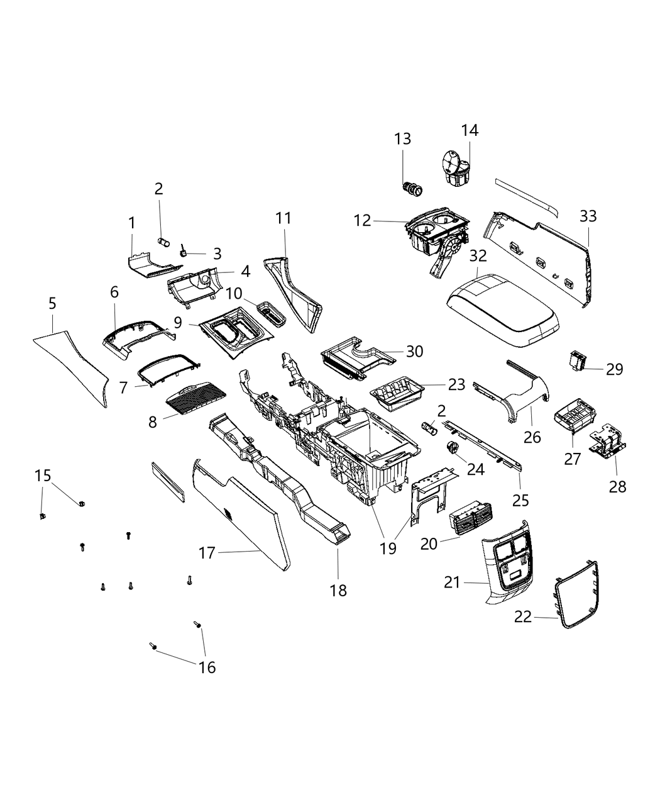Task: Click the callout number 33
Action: click(x=588, y=216)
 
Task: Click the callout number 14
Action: click(x=470, y=130)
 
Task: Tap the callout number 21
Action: click(x=453, y=583)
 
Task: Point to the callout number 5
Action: click(x=52, y=304)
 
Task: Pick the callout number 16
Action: click(x=207, y=667)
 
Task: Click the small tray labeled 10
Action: click(x=272, y=313)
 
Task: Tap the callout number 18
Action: click(x=338, y=590)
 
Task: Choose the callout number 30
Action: click(x=414, y=352)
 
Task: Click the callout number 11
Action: click(x=283, y=218)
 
